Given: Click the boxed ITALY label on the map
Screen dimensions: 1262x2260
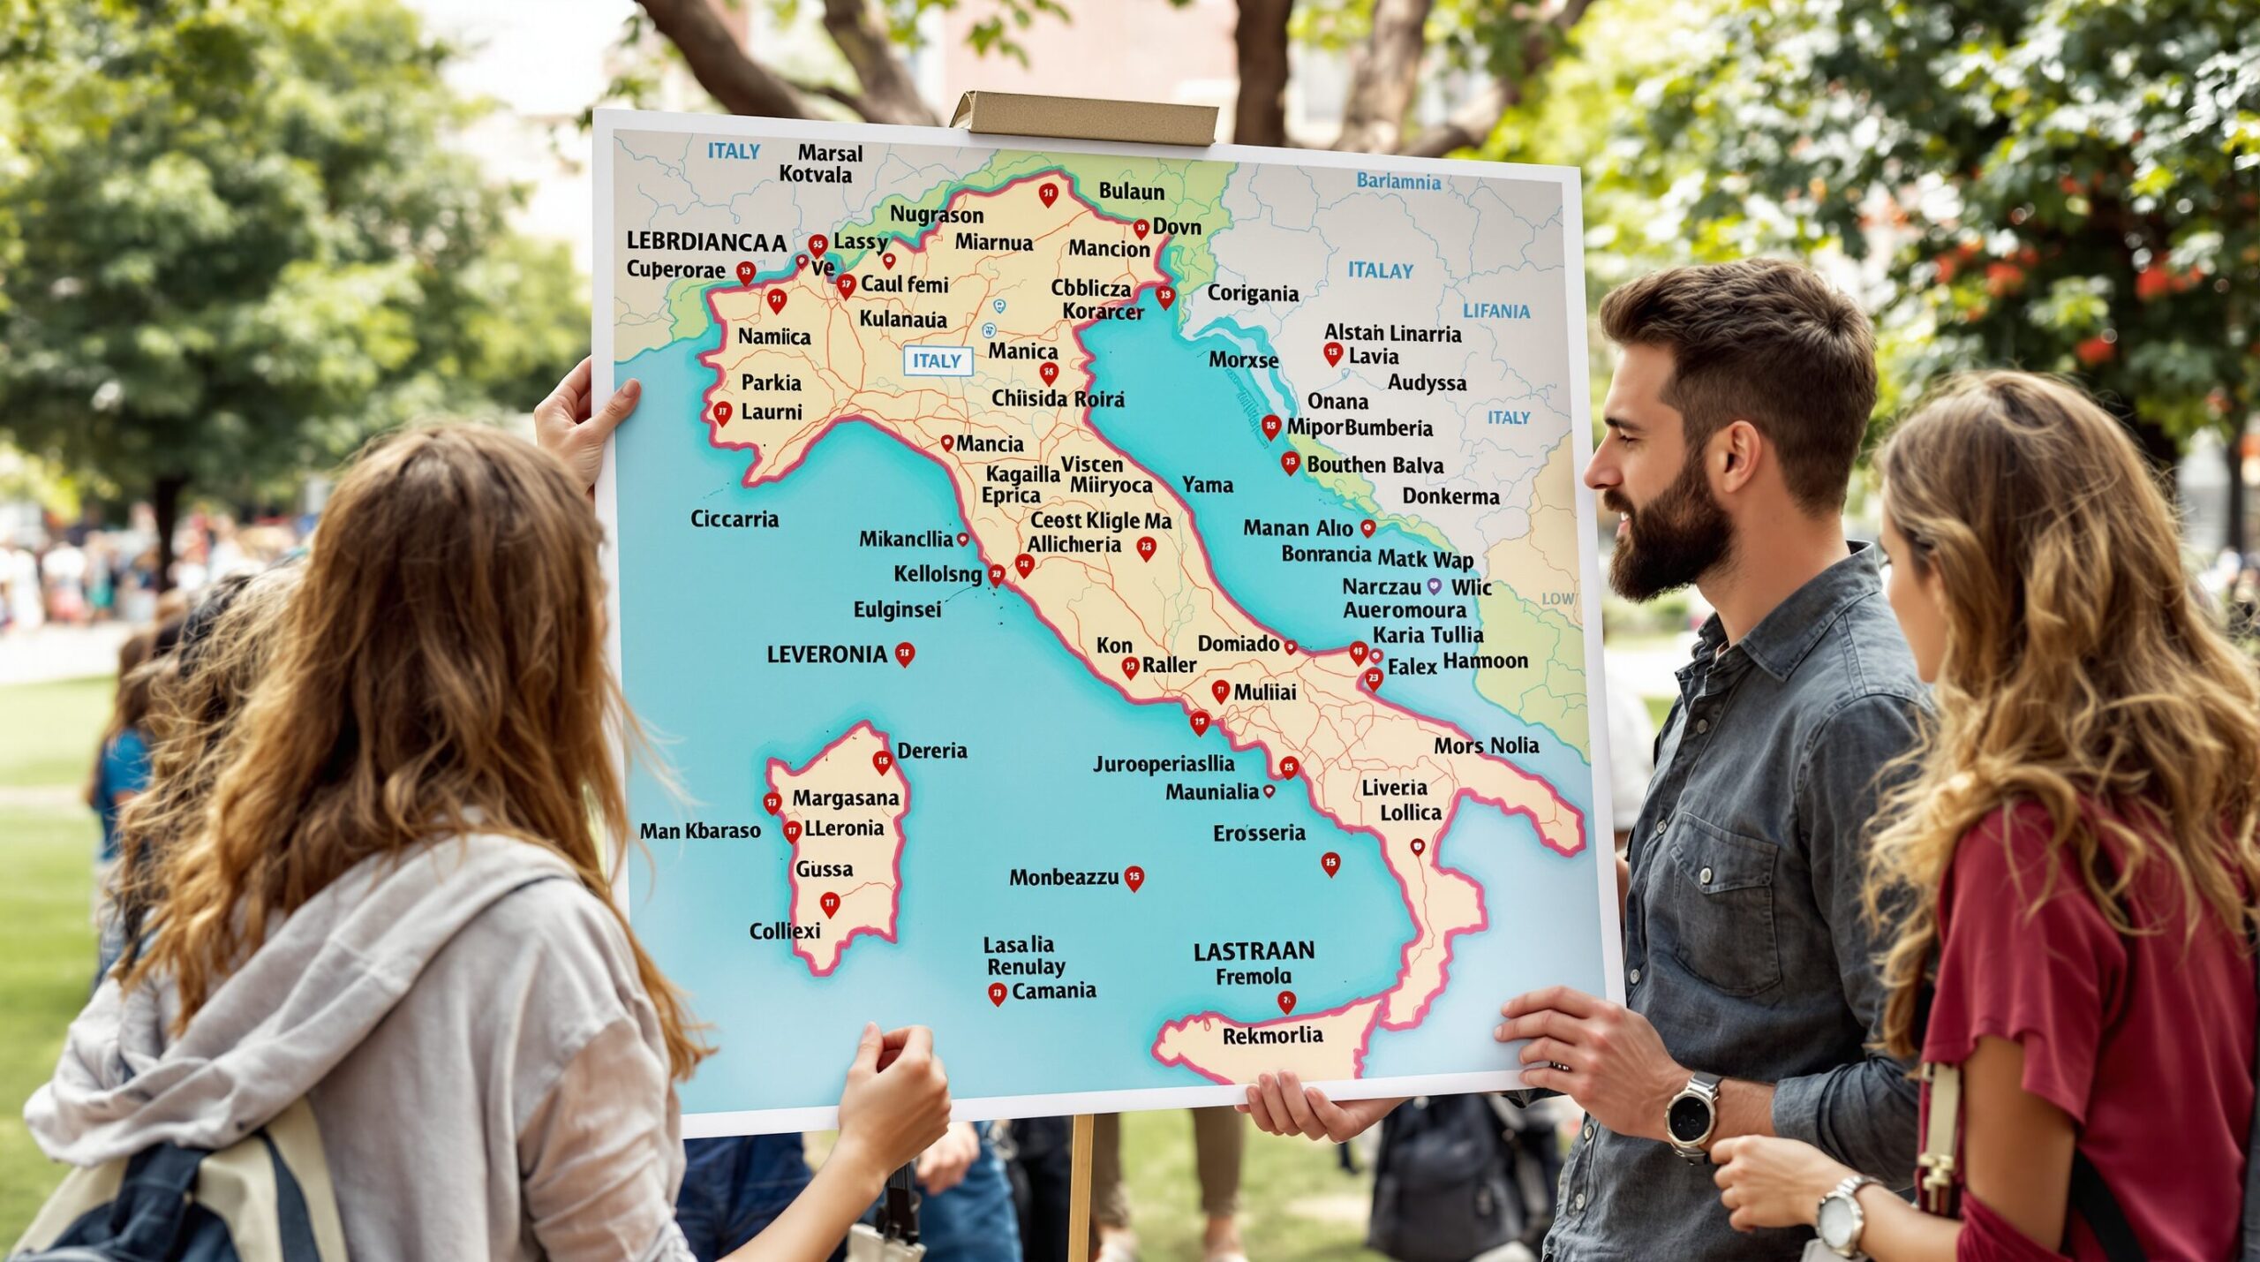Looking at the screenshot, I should tap(937, 360).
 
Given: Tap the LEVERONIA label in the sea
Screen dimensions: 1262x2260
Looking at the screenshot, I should tap(826, 654).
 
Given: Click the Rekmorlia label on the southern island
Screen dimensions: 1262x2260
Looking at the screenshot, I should tap(1272, 1035).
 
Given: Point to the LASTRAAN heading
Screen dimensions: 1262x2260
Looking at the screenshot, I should tap(1254, 951).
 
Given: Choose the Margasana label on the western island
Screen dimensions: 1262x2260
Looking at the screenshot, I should tap(845, 798).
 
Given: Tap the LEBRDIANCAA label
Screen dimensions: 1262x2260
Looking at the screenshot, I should tap(705, 242).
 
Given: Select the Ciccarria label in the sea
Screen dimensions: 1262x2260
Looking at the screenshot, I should tap(734, 518).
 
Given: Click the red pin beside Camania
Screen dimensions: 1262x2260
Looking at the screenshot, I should tap(997, 994).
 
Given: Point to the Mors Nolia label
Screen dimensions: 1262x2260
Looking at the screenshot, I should tap(1486, 746).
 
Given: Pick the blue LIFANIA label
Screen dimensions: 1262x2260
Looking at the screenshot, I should tap(1496, 311).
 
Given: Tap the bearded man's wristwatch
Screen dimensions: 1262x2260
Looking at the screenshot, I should tap(1691, 1115).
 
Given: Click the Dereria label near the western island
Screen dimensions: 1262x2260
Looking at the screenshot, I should tap(931, 751).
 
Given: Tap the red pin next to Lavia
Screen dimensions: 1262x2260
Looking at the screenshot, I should tap(1333, 355).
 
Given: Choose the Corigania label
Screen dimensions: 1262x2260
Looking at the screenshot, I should tap(1252, 293).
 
